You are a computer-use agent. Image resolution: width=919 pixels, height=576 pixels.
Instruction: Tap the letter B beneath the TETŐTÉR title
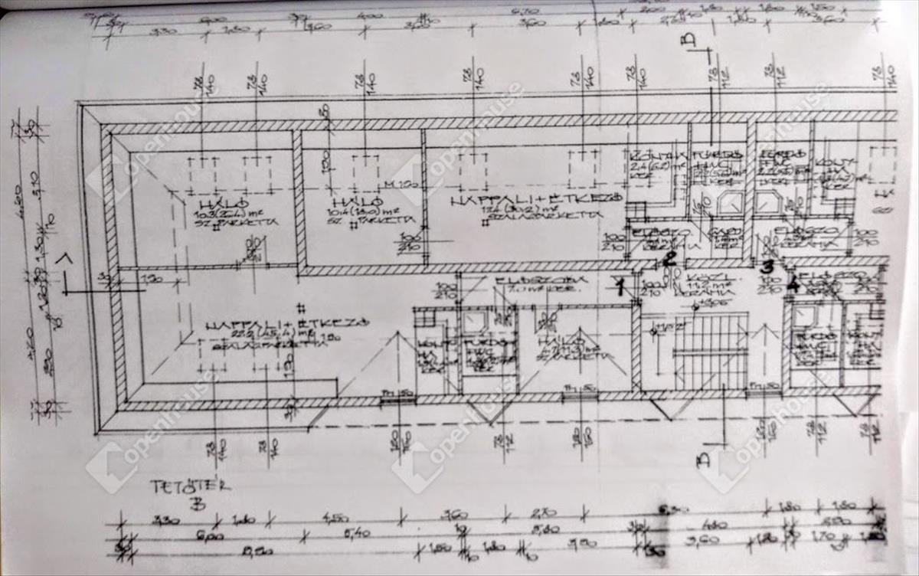coord(198,504)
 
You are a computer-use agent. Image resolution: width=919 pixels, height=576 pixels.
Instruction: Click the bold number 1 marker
coord(620,286)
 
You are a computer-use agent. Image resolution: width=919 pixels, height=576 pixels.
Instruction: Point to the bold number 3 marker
coord(767,266)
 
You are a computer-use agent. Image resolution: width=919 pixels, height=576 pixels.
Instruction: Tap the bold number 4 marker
coord(793,286)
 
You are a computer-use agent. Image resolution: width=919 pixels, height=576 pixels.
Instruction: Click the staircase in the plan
coord(710,352)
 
